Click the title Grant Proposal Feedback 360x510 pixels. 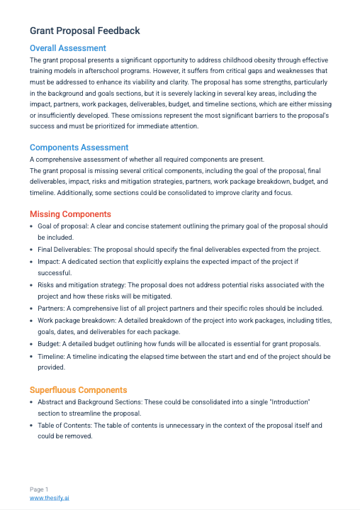click(84, 31)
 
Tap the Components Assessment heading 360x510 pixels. click(79, 148)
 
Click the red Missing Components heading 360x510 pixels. click(70, 214)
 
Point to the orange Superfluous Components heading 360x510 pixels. click(78, 389)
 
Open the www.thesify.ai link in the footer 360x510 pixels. click(49, 498)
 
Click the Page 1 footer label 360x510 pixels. click(39, 489)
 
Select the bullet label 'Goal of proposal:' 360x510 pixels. click(64, 226)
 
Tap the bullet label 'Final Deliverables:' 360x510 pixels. click(64, 249)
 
